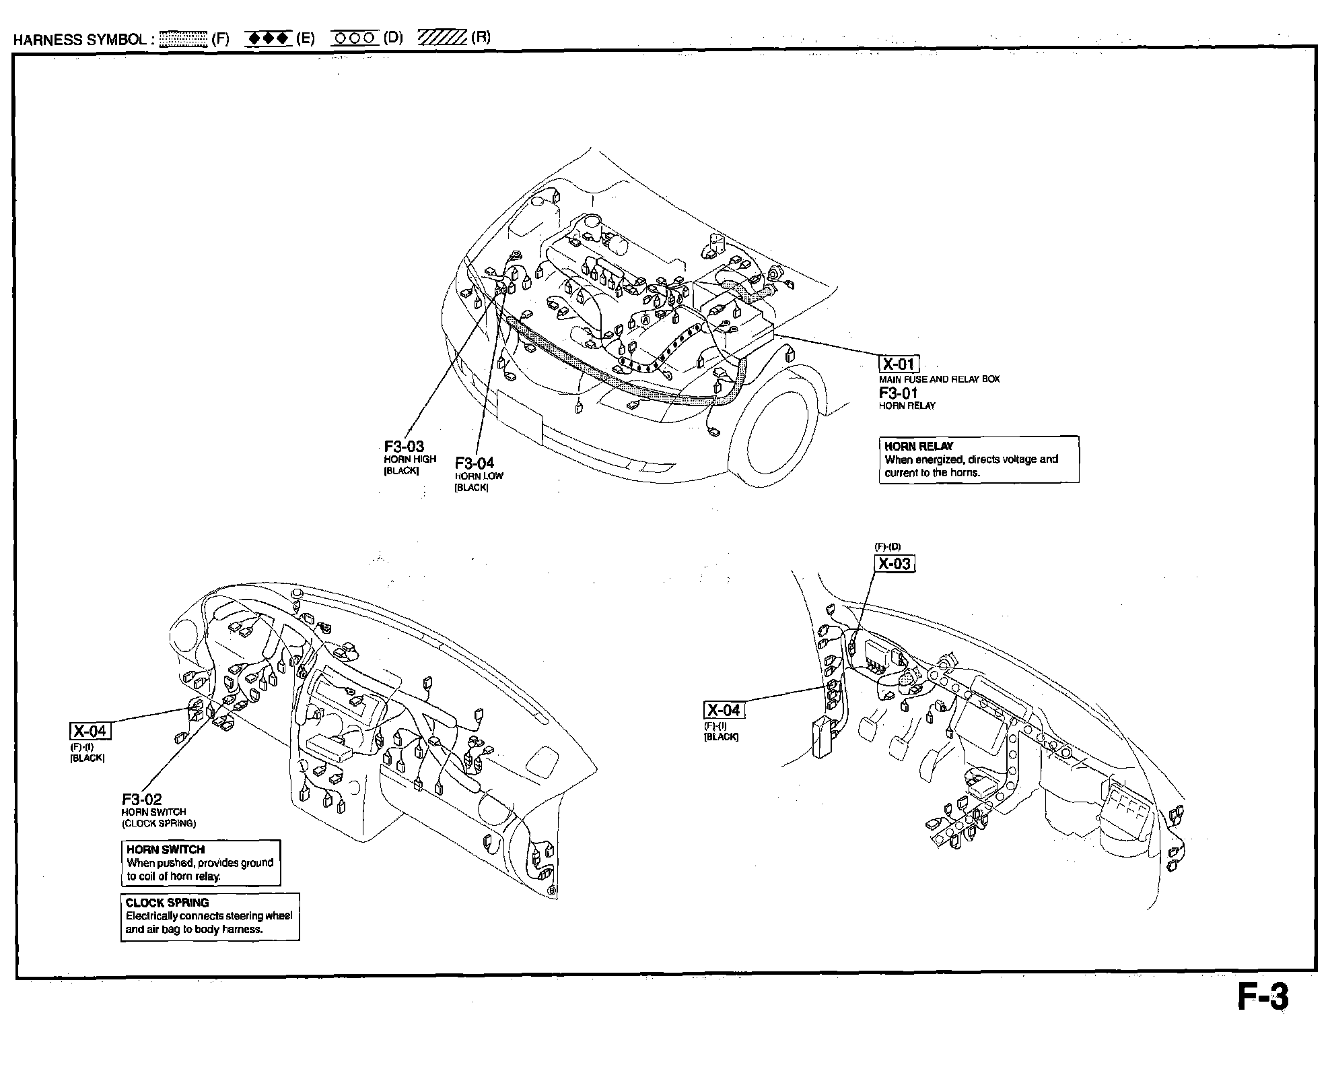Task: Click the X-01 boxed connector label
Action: [x=899, y=364]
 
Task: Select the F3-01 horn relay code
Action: [x=898, y=393]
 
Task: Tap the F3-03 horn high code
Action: [x=404, y=447]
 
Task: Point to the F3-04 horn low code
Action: [x=474, y=463]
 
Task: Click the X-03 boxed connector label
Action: [x=895, y=563]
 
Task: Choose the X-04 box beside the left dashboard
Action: [x=90, y=731]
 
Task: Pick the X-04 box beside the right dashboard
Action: [x=724, y=710]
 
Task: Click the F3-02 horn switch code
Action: [x=141, y=800]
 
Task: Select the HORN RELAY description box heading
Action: [x=919, y=446]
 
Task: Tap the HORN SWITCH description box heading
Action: [x=166, y=849]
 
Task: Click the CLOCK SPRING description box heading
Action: [x=167, y=903]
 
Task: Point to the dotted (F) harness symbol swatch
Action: [x=183, y=38]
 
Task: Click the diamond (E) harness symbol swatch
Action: [x=268, y=38]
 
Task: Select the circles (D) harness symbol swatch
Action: [x=355, y=38]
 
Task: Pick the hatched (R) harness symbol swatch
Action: [x=442, y=38]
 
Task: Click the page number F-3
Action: [x=1263, y=998]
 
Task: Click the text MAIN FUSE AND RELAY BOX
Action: [x=939, y=379]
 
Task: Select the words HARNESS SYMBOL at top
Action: [x=79, y=39]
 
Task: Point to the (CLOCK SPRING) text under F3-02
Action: [x=159, y=823]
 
